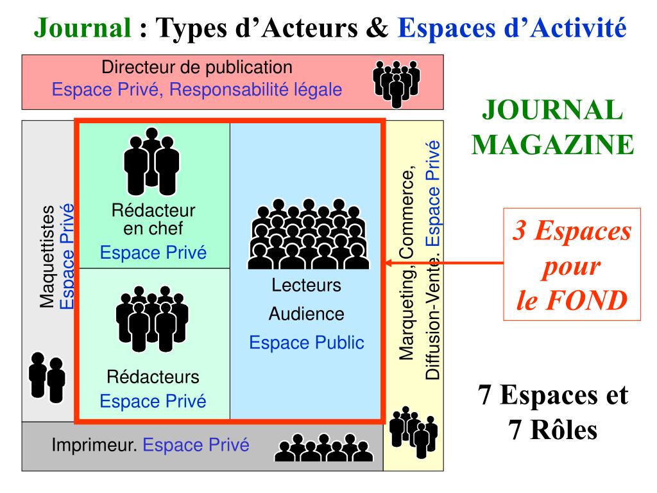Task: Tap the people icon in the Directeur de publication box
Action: (x=396, y=82)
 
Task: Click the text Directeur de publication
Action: (x=198, y=67)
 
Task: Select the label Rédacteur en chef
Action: (x=153, y=219)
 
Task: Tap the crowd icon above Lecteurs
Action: (x=308, y=234)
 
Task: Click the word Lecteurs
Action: (x=306, y=285)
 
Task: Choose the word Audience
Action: (x=306, y=314)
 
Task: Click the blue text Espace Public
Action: (x=306, y=343)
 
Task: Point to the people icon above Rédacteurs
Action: (x=152, y=318)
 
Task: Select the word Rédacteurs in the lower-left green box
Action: (x=153, y=377)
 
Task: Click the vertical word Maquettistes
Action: (x=47, y=257)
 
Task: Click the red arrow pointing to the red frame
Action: (x=443, y=263)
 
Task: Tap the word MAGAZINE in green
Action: (x=553, y=144)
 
